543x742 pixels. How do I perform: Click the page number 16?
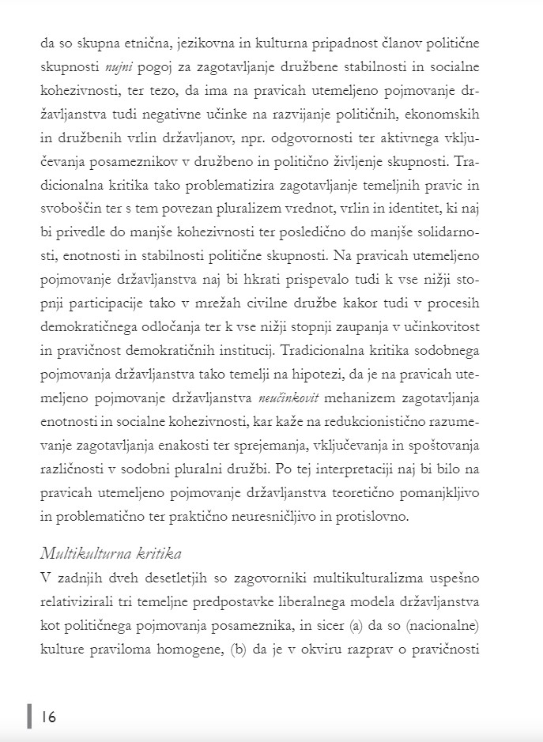(49, 717)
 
